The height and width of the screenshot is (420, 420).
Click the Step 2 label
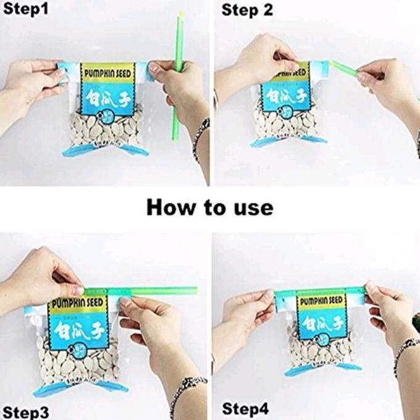click(246, 10)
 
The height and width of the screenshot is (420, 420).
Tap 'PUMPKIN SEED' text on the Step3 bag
click(78, 304)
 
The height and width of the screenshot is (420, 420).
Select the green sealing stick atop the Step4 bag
click(321, 290)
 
